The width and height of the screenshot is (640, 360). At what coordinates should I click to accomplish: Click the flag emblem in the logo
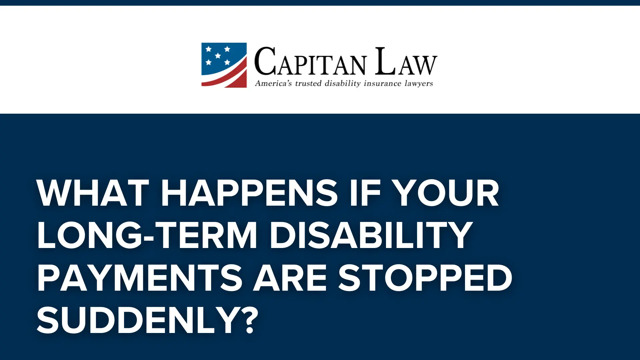point(224,65)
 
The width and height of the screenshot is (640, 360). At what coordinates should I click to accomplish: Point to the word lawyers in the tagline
point(419,83)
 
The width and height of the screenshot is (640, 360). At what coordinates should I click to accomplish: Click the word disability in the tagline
point(343,83)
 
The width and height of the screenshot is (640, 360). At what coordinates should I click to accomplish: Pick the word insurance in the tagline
point(382,83)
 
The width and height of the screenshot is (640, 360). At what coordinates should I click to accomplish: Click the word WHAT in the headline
point(93,193)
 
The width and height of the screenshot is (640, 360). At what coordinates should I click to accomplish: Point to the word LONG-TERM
point(147,235)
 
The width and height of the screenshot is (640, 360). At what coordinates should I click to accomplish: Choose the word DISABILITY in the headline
point(371,235)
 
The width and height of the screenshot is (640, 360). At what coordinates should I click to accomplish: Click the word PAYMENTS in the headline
point(140,278)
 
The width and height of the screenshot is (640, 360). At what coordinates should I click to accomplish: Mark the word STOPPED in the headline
point(425,278)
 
